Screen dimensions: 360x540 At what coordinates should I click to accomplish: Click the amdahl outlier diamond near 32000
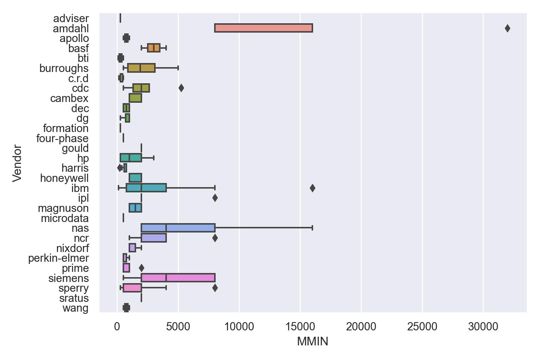click(507, 28)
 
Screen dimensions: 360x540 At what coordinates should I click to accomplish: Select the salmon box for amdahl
click(264, 28)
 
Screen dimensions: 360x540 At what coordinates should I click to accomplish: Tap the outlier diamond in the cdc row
click(181, 88)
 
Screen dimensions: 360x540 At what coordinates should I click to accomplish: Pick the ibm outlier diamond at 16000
click(312, 188)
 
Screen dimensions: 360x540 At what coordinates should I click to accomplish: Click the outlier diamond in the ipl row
click(215, 198)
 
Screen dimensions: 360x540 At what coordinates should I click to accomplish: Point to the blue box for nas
click(178, 228)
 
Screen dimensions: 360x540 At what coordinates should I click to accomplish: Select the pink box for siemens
click(178, 278)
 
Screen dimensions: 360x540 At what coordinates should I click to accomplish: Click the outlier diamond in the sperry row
click(215, 288)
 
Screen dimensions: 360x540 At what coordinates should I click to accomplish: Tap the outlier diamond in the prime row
click(141, 268)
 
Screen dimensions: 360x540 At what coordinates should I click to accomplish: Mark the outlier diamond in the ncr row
click(215, 238)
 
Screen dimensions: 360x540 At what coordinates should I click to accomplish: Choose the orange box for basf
click(154, 48)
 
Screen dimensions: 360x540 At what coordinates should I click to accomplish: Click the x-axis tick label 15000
click(300, 327)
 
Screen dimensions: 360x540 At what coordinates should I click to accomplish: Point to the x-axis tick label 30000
click(483, 327)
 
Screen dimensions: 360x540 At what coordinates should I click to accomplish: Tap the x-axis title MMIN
click(312, 342)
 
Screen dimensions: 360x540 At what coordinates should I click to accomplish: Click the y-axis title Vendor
click(17, 163)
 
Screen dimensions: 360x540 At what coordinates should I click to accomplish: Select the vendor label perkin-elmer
click(58, 258)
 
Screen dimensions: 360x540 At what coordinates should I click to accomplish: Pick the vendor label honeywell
click(64, 178)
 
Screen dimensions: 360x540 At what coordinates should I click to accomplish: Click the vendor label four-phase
click(62, 138)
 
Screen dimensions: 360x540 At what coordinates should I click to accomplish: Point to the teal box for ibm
click(146, 188)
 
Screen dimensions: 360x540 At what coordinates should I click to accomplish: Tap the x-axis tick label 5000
click(178, 327)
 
